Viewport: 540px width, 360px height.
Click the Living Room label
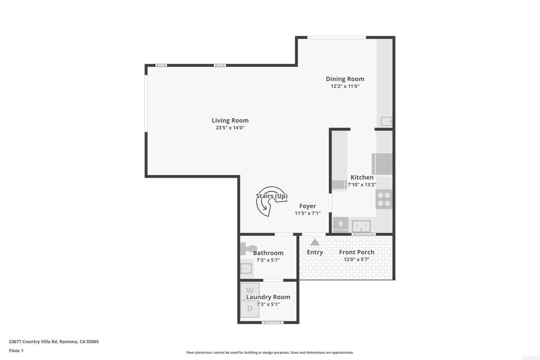(x=230, y=121)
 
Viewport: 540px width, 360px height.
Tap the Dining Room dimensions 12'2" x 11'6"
(x=345, y=86)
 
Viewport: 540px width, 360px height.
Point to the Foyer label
(x=307, y=206)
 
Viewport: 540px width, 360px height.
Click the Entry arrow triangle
(x=315, y=242)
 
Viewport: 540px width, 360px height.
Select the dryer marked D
(x=249, y=309)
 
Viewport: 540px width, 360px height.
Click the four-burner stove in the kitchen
(x=384, y=199)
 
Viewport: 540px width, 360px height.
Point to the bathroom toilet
(x=248, y=248)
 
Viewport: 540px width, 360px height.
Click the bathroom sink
(x=246, y=268)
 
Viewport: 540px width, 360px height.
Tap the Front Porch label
(x=356, y=252)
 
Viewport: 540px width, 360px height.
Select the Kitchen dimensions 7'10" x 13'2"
(x=362, y=185)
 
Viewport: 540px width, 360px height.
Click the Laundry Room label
(x=268, y=297)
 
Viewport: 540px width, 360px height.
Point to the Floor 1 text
(x=16, y=351)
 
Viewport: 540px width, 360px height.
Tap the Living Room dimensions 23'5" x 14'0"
(x=230, y=128)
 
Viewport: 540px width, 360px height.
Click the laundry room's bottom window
(x=273, y=323)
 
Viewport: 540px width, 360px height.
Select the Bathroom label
(x=268, y=253)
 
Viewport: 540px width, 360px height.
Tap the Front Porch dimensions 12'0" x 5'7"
(x=356, y=259)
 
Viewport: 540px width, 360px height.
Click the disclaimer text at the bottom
(x=270, y=353)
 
